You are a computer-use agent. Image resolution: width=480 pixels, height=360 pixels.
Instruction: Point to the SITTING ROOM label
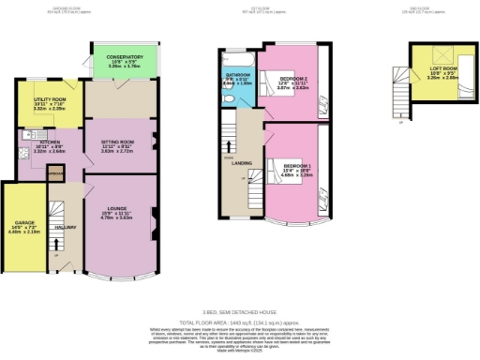point(117,146)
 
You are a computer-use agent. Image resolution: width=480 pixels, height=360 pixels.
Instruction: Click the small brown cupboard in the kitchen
point(55,174)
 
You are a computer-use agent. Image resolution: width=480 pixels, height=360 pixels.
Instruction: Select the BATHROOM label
point(238,78)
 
